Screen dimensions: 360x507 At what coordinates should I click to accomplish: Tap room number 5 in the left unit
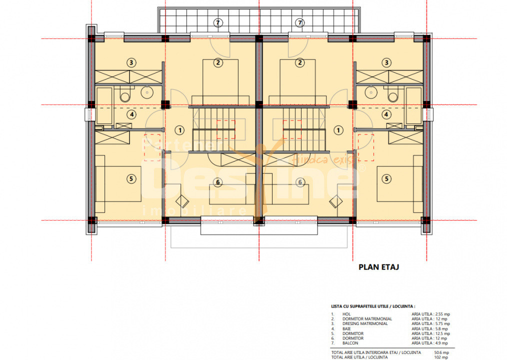point(131,178)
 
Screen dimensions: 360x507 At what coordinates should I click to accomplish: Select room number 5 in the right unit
point(386,178)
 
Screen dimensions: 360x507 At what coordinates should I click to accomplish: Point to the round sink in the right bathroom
point(370,92)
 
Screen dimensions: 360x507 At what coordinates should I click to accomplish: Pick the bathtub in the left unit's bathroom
point(104,105)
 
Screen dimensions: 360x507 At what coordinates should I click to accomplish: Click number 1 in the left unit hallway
point(179,130)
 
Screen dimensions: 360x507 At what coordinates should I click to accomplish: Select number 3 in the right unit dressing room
point(386,62)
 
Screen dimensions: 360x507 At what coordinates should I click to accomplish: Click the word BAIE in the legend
point(347,328)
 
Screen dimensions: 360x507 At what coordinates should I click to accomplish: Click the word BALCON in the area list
point(349,343)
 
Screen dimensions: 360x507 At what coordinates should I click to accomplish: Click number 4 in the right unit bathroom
point(386,114)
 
